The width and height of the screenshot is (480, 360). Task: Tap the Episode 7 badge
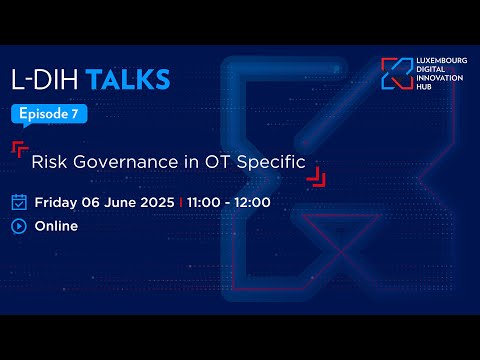tap(50, 114)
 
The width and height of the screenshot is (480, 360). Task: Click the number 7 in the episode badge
tap(75, 114)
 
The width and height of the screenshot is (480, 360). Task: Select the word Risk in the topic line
tap(48, 160)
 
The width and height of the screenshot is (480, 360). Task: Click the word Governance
tap(113, 160)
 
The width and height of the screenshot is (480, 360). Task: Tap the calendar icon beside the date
tap(19, 202)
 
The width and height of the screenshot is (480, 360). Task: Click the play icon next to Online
tap(19, 226)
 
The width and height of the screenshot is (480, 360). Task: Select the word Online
tap(57, 226)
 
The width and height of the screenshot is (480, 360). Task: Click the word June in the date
tap(117, 202)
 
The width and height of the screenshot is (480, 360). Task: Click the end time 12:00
tap(250, 202)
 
